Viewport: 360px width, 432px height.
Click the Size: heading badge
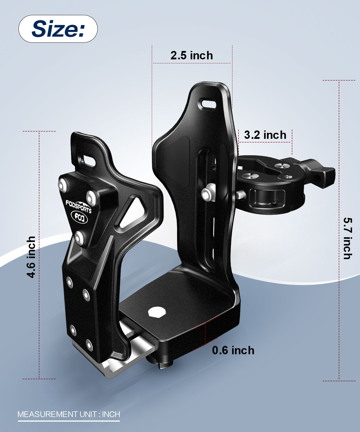click(58, 29)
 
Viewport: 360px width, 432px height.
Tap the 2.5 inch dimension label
click(192, 55)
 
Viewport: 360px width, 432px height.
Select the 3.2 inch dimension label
click(265, 135)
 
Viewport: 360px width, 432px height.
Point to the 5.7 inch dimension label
click(348, 238)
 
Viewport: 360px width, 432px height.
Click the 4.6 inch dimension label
click(31, 257)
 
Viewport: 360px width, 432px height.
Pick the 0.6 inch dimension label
click(233, 350)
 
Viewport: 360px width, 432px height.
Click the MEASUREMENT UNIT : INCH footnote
click(69, 414)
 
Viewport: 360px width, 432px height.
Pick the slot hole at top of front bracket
click(88, 160)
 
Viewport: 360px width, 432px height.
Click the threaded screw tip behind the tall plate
click(240, 194)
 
